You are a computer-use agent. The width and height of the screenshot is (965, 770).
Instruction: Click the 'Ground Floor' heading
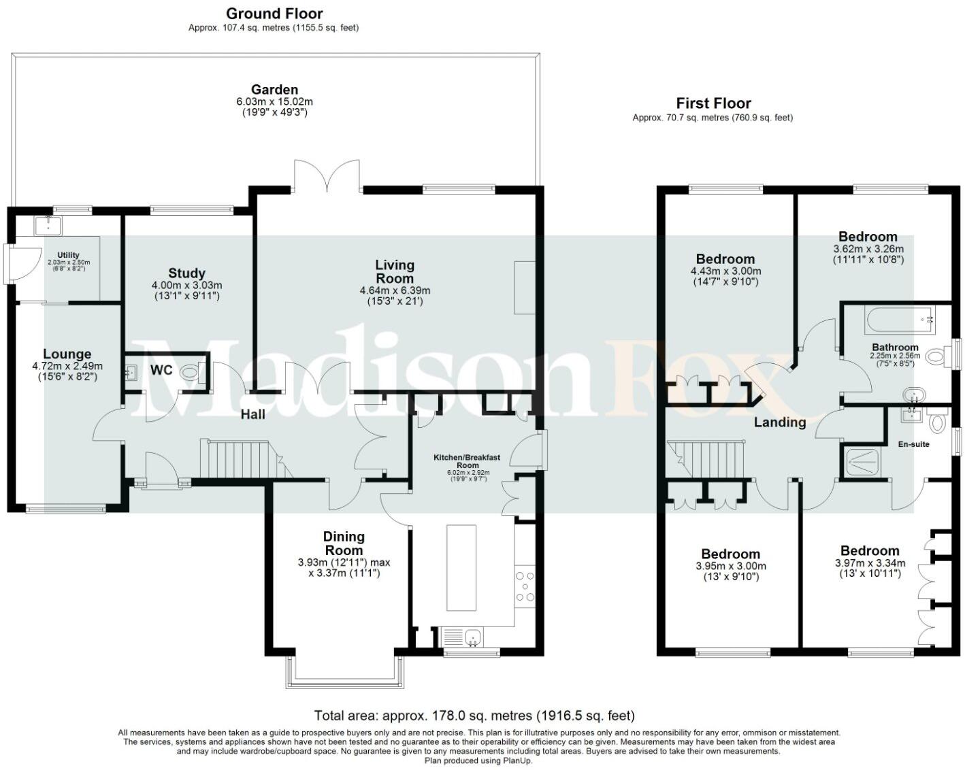(x=274, y=14)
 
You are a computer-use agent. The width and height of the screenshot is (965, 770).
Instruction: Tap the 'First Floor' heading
(x=713, y=103)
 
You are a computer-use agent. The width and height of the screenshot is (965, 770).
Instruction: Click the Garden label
(x=274, y=90)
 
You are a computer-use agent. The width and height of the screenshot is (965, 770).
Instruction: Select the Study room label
(x=186, y=273)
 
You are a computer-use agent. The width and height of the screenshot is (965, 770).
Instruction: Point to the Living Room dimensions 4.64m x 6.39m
(x=395, y=290)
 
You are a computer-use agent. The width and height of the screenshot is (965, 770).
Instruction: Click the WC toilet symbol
(x=191, y=371)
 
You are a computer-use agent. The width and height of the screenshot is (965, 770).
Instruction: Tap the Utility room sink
(x=48, y=224)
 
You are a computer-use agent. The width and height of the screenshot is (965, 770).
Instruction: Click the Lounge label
(x=67, y=354)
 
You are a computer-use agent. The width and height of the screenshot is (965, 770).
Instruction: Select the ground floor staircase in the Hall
(x=239, y=460)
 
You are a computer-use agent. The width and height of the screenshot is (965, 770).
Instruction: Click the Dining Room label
(x=344, y=543)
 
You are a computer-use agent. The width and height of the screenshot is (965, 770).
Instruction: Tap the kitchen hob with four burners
(x=525, y=586)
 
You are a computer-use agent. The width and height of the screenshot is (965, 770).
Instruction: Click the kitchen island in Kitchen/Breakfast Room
(x=461, y=567)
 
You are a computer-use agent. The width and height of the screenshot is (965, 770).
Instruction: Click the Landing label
(x=779, y=422)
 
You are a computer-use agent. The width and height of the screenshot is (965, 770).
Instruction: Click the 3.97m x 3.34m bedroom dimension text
(x=870, y=563)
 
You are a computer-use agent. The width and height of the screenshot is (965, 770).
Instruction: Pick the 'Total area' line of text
(x=474, y=716)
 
